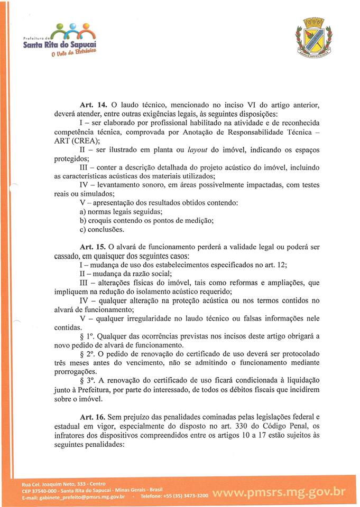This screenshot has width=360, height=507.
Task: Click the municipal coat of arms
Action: [313, 37]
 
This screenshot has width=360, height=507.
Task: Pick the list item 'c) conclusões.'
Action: [101, 230]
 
